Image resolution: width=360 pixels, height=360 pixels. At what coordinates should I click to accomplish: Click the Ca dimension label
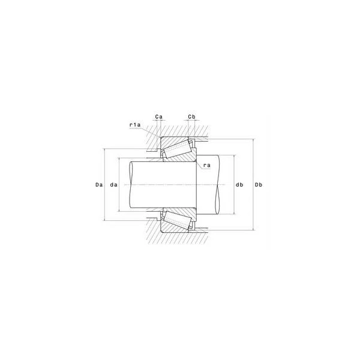(x=158, y=117)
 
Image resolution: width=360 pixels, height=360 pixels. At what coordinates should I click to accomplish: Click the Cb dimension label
(x=192, y=117)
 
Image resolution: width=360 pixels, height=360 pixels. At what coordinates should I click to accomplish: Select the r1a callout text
(x=135, y=125)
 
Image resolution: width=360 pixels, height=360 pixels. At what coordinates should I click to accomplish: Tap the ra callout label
(x=207, y=166)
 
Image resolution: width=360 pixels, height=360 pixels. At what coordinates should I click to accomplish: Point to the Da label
(x=99, y=185)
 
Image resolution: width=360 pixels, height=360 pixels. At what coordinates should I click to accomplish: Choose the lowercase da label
(x=113, y=185)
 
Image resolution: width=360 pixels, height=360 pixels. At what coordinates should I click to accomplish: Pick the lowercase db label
(x=239, y=185)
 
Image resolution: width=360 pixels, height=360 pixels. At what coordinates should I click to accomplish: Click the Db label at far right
(x=259, y=185)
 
